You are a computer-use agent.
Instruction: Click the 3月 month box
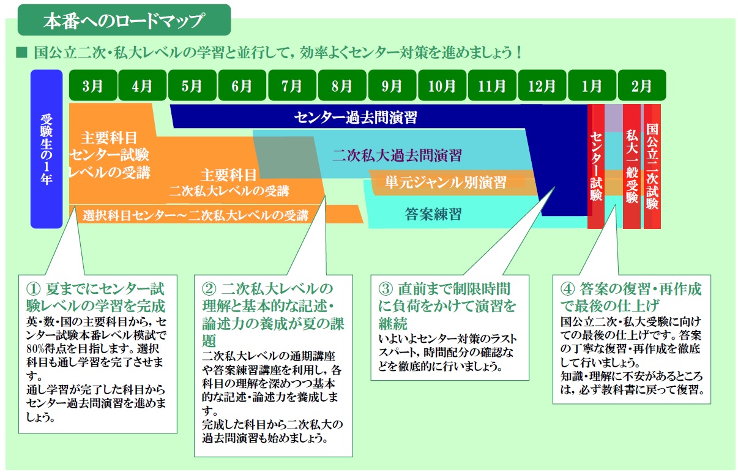coord(93,85)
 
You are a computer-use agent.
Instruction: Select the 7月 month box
coord(293,85)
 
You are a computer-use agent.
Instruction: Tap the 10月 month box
coord(442,85)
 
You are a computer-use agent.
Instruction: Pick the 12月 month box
coord(542,85)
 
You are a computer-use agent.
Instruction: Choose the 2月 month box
coord(642,85)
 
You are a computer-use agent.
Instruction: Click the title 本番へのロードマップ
coord(124,20)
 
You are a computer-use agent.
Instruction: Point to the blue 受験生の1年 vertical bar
coord(47,149)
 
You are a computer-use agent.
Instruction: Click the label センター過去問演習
coord(356,118)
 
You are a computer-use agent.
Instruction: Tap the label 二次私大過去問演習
coord(397,155)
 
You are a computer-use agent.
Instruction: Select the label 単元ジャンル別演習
coord(445,182)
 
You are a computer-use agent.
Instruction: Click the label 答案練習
coord(433,214)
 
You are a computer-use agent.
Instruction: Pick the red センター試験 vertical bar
coord(596,167)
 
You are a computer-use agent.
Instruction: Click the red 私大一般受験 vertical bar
coord(632,167)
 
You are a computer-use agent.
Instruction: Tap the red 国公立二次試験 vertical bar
coord(652,167)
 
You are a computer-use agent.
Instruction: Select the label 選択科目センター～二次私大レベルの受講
coord(195,215)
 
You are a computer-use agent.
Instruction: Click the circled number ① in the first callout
coord(33,289)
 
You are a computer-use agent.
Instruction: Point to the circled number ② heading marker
coord(209,289)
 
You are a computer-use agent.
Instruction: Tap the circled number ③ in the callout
coord(386,289)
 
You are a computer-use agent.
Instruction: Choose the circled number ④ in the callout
coord(568,289)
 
